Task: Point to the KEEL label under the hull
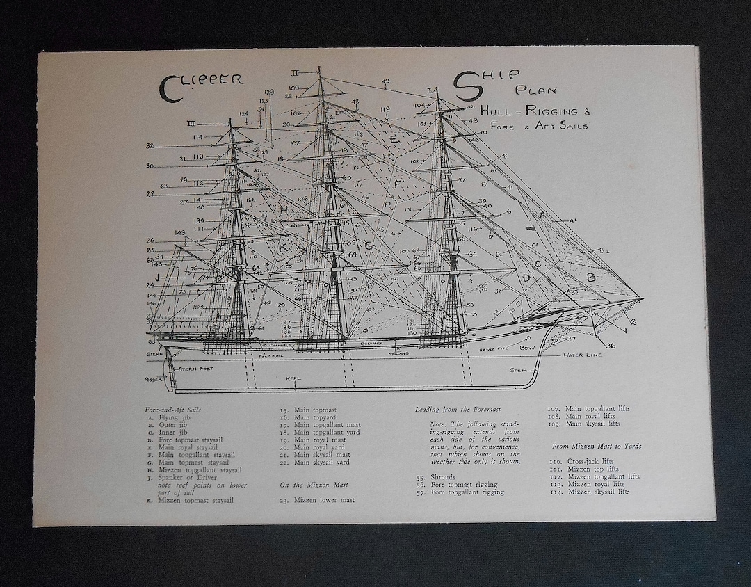coord(292,379)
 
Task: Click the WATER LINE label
coord(583,355)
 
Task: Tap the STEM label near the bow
coord(518,370)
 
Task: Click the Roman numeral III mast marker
coord(191,124)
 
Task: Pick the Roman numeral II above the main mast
coord(295,72)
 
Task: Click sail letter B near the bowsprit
coord(590,276)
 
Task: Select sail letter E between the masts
coord(394,139)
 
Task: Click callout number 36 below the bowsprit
coord(610,346)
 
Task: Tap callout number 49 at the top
coord(385,81)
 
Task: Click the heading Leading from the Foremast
coord(458,410)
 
